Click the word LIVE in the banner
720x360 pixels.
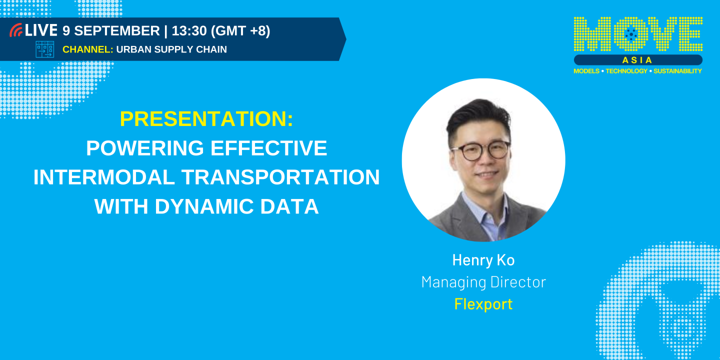coord(41,30)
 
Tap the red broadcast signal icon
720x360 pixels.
coord(16,30)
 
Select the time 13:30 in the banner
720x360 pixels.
coord(189,31)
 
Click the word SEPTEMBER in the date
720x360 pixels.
coord(117,31)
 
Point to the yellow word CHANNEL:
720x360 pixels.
coord(88,49)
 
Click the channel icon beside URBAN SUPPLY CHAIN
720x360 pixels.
coord(44,49)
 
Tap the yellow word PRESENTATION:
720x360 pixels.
coord(206,119)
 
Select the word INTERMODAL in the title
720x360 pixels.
coord(104,177)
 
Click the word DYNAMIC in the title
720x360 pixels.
coord(205,206)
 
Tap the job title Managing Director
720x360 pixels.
coord(483,282)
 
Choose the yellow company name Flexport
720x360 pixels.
coord(483,304)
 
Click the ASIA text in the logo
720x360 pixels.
coord(637,60)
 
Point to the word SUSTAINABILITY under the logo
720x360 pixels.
coord(677,71)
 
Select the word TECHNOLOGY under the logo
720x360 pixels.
coord(626,71)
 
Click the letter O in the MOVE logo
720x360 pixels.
coord(631,34)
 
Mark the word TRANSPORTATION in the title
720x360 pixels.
coord(280,177)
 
